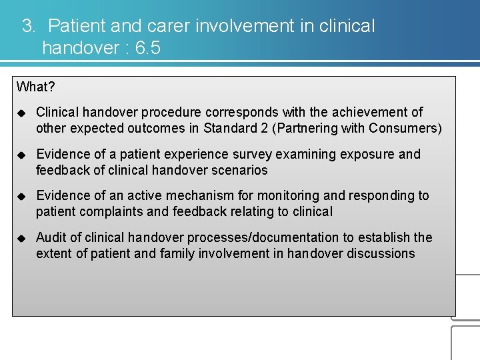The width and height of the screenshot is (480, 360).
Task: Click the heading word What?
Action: coord(35,87)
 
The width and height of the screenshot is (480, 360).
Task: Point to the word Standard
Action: coord(230,128)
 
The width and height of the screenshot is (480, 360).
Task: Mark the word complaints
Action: coord(111,211)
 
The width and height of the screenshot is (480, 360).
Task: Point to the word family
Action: coord(178,253)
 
